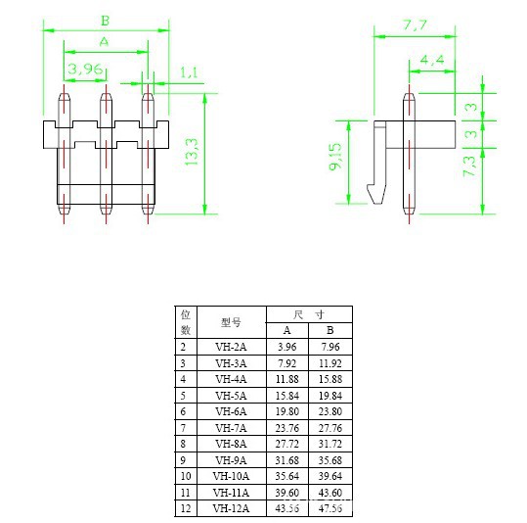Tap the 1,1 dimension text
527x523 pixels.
pyautogui.click(x=190, y=72)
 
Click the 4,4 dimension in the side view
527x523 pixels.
pyautogui.click(x=432, y=61)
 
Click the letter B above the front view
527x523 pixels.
pyautogui.click(x=105, y=19)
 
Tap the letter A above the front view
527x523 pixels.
pyautogui.click(x=105, y=41)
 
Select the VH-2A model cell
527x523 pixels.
pyautogui.click(x=231, y=347)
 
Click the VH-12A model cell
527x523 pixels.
pyautogui.click(x=231, y=507)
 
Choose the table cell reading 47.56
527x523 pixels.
pyautogui.click(x=329, y=507)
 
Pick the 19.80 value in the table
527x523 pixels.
pyautogui.click(x=286, y=411)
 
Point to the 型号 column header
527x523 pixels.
pyautogui.click(x=231, y=322)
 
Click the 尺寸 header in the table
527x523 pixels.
pyautogui.click(x=308, y=314)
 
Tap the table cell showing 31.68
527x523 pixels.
pyautogui.click(x=286, y=459)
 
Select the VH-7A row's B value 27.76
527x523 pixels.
pyautogui.click(x=329, y=427)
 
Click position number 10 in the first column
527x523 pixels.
pyautogui.click(x=186, y=475)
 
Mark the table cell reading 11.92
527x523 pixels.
pyautogui.click(x=329, y=362)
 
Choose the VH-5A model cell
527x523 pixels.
pyautogui.click(x=231, y=395)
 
